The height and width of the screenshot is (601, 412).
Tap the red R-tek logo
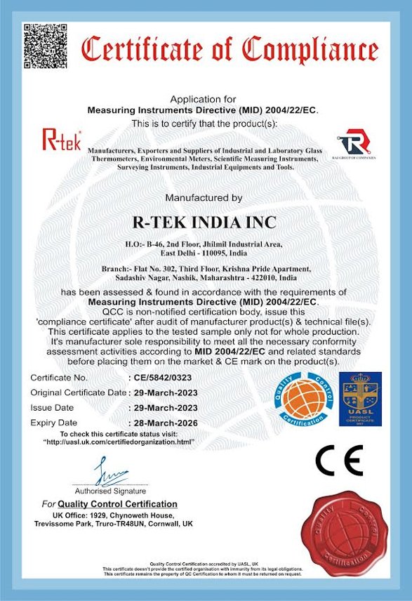(62, 138)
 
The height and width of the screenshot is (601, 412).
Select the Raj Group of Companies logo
(355, 142)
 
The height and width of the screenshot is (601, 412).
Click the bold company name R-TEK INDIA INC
(204, 223)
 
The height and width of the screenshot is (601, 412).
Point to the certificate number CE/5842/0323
(163, 378)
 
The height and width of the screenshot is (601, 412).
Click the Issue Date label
(52, 408)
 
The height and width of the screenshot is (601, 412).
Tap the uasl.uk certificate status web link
(118, 442)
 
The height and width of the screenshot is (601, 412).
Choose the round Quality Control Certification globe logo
(300, 399)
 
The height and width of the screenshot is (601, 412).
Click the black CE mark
(339, 459)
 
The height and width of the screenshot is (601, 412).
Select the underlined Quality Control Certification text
(117, 504)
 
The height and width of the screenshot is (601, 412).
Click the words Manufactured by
(204, 198)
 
